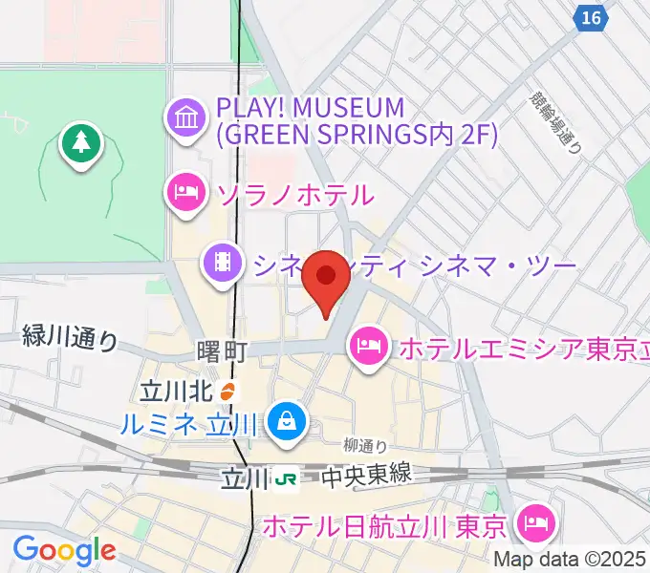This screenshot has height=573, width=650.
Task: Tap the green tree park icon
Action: tap(81, 144)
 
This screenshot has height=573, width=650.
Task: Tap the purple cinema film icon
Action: tap(223, 262)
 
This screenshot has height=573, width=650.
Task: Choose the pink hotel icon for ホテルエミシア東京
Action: tap(368, 345)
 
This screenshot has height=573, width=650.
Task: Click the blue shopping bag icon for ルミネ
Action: tap(285, 418)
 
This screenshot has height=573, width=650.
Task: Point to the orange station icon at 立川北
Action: tap(227, 391)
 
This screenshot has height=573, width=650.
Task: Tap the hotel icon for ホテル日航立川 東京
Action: tap(532, 522)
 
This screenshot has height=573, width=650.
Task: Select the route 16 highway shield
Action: tap(592, 17)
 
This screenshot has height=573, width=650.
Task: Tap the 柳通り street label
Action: tap(366, 445)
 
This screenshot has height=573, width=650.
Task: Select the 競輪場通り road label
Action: tap(554, 122)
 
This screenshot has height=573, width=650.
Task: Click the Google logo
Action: tap(63, 550)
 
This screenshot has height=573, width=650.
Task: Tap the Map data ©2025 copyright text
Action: tap(570, 560)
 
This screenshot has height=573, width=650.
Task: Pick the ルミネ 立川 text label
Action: tap(188, 420)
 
